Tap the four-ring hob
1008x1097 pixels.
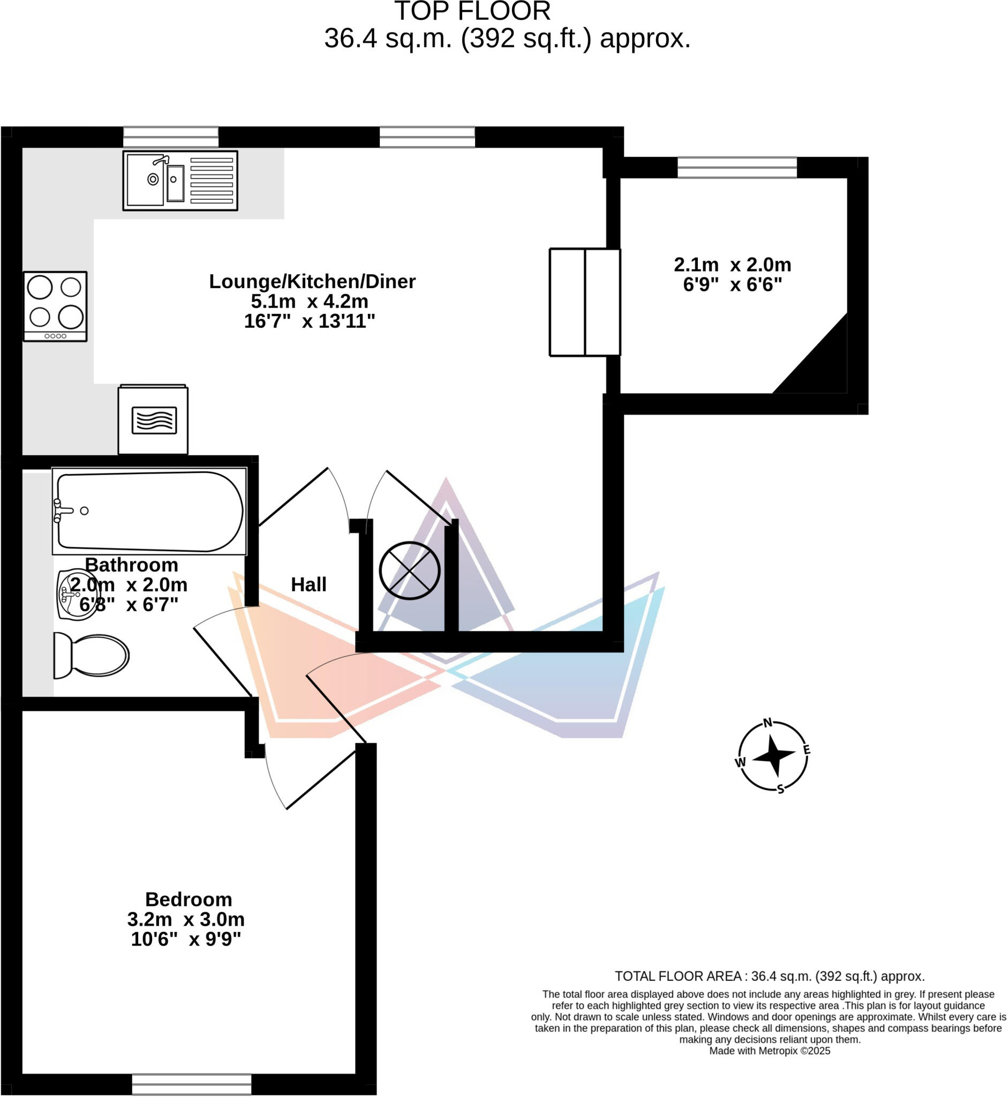coord(55,306)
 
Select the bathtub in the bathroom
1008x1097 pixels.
coord(149,511)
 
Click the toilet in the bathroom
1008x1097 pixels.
coord(91,655)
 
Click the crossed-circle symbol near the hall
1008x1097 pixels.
coord(410,570)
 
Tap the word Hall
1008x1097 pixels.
coord(309,585)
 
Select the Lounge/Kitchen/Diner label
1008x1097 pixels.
coord(312,281)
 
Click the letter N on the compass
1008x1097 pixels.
coord(768,723)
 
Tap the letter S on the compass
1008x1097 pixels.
coord(780,789)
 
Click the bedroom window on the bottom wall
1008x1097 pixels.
coord(191,1084)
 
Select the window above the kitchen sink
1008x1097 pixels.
coord(171,137)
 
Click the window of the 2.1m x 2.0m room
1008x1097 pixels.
coord(737,168)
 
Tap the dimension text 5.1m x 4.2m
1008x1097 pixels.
coord(309,301)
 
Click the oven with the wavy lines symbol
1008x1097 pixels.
coord(153,420)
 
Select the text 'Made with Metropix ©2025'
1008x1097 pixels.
coord(770,1051)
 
